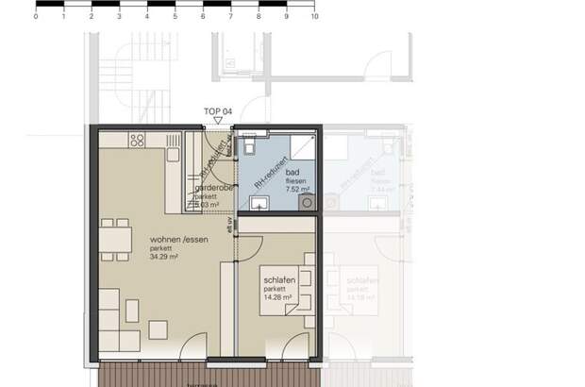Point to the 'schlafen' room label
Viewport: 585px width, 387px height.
tap(281, 282)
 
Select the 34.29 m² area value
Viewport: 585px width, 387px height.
tap(164, 256)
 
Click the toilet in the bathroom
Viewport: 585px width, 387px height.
tap(248, 145)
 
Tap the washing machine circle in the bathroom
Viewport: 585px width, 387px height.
tap(307, 201)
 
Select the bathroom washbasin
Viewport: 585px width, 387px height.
tap(263, 202)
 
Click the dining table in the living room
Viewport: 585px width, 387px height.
tap(117, 242)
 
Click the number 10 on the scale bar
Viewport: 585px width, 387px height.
tap(314, 17)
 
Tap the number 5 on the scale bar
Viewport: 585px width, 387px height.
tap(175, 17)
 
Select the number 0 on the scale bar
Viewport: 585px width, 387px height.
tap(36, 17)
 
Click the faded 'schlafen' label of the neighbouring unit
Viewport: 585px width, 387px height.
tap(364, 282)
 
